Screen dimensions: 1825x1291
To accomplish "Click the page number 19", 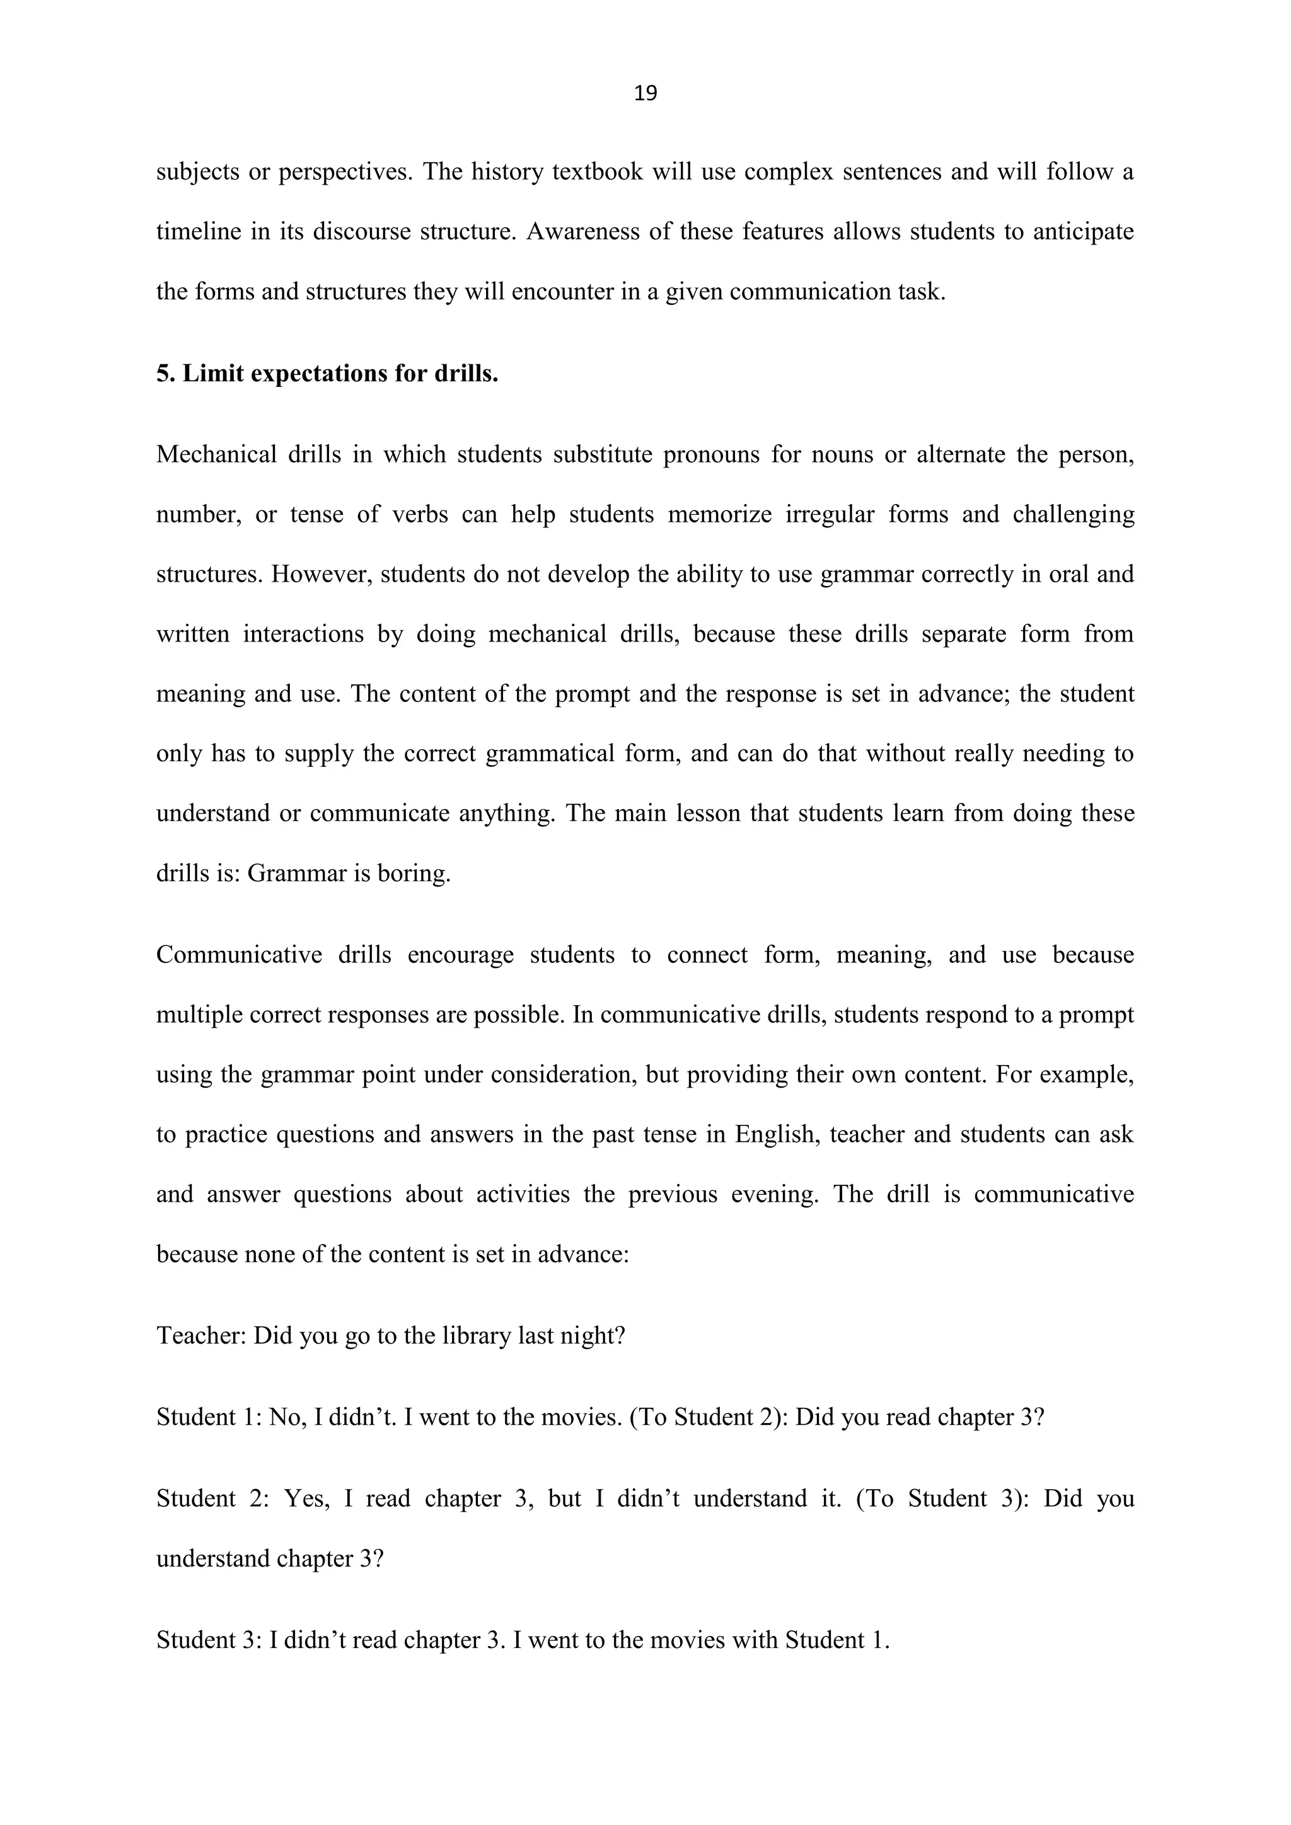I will tap(645, 94).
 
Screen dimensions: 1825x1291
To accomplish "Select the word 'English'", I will tap(777, 1134).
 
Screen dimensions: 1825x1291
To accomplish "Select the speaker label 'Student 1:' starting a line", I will tap(209, 1417).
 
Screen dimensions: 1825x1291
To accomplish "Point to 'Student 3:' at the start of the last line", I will tap(209, 1640).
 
